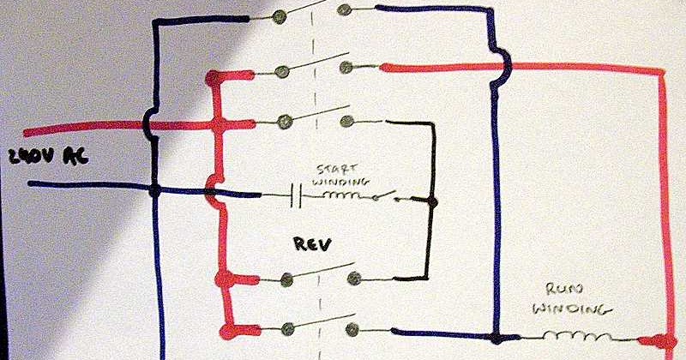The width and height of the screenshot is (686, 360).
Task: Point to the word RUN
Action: [x=558, y=290]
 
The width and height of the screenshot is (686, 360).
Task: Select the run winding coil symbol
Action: [x=580, y=333]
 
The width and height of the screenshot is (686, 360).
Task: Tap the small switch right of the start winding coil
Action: [x=391, y=198]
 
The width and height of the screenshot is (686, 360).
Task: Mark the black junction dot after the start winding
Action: [x=431, y=203]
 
